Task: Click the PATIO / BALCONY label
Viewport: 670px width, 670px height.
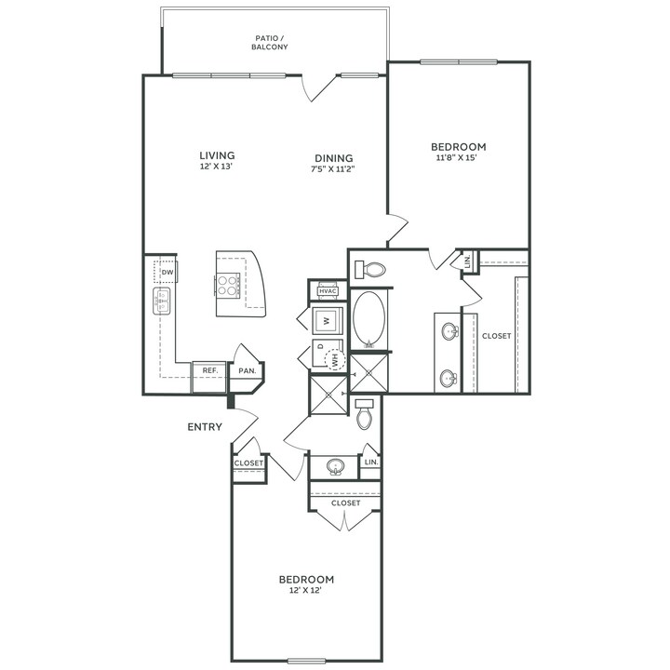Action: point(270,43)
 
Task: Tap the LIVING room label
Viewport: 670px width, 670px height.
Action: point(217,155)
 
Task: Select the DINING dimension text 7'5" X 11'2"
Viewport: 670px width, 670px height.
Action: point(333,168)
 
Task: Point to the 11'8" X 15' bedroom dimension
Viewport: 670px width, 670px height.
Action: point(456,157)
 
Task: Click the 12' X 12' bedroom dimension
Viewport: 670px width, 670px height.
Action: point(305,591)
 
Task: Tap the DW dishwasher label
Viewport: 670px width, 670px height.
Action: point(167,272)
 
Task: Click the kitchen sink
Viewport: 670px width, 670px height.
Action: point(162,301)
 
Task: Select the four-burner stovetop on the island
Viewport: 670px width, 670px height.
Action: point(227,286)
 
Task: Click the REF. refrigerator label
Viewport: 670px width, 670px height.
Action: point(210,370)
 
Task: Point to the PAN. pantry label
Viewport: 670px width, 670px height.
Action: point(247,370)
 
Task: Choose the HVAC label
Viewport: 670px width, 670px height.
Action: point(328,291)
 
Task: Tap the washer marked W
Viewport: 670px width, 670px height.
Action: point(328,320)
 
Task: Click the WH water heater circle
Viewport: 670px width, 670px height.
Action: point(335,360)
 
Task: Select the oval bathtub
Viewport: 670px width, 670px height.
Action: point(368,319)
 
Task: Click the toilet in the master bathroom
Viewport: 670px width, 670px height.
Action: point(370,270)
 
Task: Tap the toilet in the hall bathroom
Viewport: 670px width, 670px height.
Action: point(365,414)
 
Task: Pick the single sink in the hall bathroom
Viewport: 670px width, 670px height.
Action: point(335,466)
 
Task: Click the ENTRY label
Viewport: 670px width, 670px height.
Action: point(205,426)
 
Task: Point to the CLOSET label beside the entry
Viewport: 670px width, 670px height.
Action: point(248,463)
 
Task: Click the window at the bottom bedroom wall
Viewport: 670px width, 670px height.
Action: point(307,662)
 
